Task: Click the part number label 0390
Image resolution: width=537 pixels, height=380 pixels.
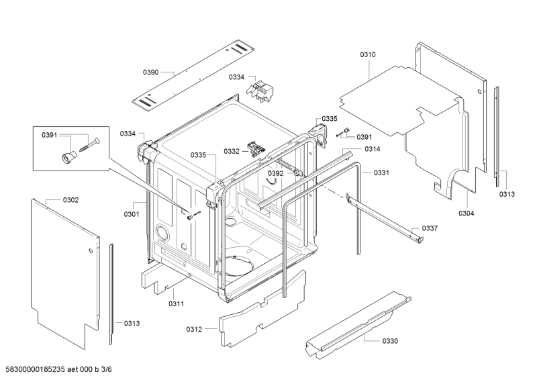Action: pos(150,73)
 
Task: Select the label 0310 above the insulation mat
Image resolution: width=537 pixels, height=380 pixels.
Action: pos(367,54)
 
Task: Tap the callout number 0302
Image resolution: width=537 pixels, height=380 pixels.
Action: pos(70,200)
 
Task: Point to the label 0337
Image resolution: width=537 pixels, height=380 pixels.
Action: pos(430,228)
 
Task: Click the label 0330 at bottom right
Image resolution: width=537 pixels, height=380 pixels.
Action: pos(390,341)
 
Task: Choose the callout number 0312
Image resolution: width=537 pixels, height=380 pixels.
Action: pos(194,329)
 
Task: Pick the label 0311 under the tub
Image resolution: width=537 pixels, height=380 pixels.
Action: pos(176,303)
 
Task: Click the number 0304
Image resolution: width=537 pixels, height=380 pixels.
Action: pos(466,213)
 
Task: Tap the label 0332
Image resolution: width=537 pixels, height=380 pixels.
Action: pos(232,151)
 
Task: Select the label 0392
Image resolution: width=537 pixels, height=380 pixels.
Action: pos(276,173)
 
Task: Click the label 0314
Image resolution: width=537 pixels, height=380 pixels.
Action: pos(373,149)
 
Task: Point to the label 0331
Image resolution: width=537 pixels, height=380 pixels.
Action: pos(381,173)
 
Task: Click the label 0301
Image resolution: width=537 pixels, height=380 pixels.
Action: pos(132,214)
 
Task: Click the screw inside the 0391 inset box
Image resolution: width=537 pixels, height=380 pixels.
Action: pos(90,145)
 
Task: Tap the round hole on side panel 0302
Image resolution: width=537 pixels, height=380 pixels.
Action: pos(91,251)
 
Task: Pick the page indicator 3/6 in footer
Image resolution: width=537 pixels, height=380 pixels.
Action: pos(107,369)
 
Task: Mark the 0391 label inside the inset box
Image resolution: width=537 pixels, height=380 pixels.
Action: pos(49,136)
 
